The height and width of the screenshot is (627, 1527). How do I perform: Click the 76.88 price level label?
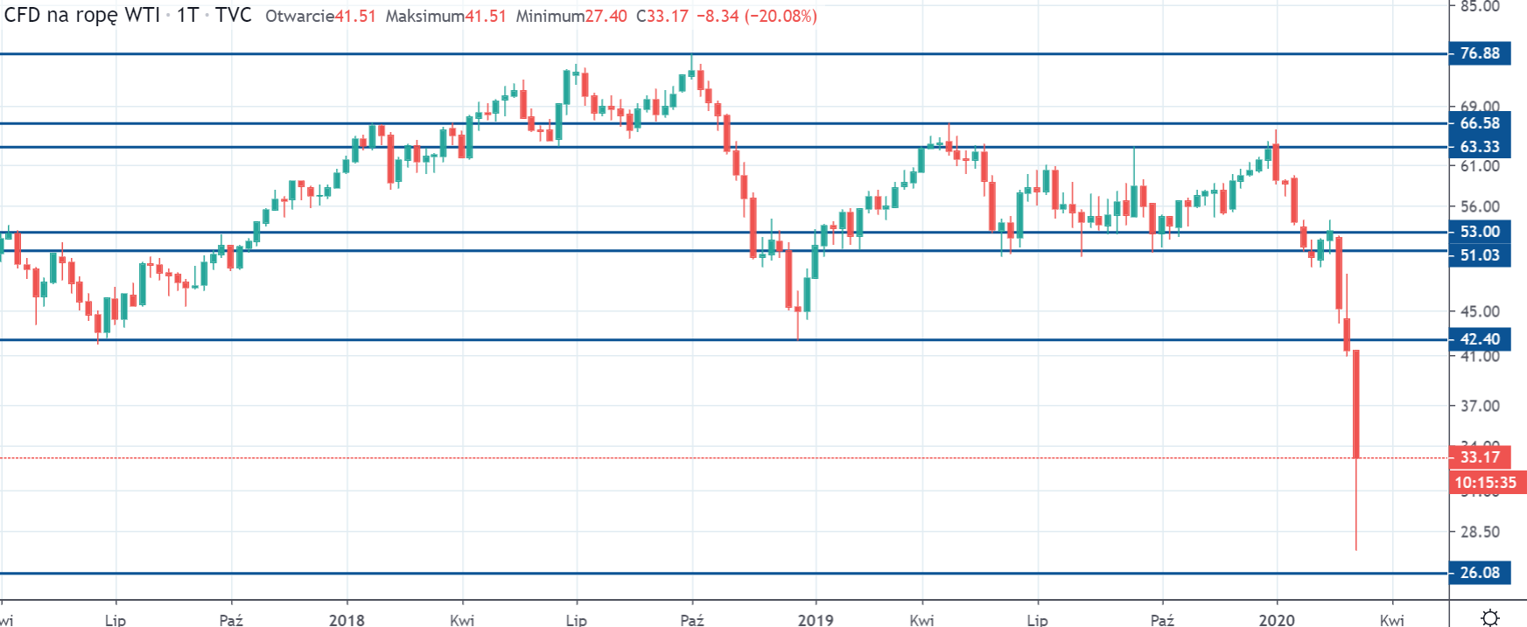[1479, 53]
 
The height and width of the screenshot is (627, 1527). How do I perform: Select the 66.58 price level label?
[1479, 123]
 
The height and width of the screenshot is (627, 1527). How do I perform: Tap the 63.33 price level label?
[1479, 147]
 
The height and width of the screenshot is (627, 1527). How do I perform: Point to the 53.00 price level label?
[1479, 232]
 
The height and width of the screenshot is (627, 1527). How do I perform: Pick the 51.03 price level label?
[1479, 255]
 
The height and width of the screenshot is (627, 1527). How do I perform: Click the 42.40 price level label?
[1479, 339]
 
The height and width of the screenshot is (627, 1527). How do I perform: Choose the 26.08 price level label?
[1479, 573]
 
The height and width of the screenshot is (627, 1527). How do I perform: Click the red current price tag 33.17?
[1479, 456]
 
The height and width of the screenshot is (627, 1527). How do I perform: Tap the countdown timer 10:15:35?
[1485, 483]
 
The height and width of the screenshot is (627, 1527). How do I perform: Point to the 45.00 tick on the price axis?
[1480, 311]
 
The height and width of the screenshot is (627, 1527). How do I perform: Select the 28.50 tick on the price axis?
[1480, 532]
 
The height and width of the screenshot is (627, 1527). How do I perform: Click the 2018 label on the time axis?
[347, 620]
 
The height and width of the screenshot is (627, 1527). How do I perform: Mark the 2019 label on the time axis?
[816, 620]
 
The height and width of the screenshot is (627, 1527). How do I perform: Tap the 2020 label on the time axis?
[1276, 620]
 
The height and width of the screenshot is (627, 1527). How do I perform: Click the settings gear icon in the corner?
[1490, 618]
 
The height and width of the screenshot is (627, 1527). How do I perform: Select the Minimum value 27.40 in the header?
[606, 17]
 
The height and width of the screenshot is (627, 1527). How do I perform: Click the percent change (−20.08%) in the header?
[781, 17]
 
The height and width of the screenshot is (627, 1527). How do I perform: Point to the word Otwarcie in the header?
[299, 17]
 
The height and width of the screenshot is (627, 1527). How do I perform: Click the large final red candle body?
[1355, 403]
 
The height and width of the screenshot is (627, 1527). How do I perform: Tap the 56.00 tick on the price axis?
[1480, 207]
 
